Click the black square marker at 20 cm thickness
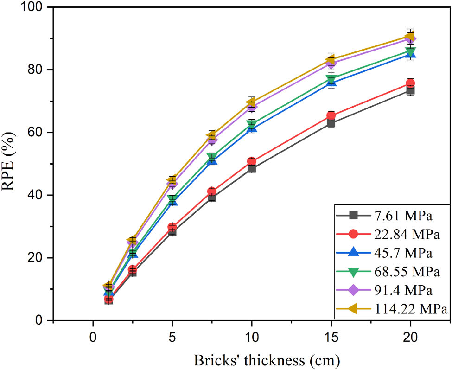point(410,90)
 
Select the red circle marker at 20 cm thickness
point(410,83)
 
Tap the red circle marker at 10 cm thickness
point(252,162)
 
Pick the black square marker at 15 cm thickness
point(331,123)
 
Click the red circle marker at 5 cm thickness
point(172,227)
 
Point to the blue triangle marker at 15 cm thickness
point(331,83)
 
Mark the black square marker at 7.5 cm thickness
point(212,198)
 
